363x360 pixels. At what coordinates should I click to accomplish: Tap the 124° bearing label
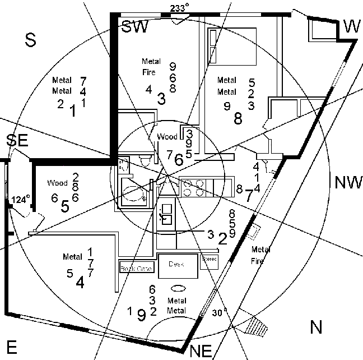click(21, 199)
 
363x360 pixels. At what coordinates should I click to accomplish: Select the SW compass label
click(135, 27)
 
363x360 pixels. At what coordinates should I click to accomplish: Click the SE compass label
click(17, 141)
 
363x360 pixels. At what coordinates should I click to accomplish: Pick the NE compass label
click(202, 352)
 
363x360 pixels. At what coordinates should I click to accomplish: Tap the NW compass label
click(348, 182)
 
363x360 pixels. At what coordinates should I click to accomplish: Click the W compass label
click(351, 25)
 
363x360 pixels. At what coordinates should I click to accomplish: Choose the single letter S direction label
click(31, 39)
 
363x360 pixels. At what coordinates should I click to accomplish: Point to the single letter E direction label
click(14, 345)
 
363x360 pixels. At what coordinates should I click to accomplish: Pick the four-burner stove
click(193, 187)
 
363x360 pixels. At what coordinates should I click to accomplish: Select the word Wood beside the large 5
click(57, 183)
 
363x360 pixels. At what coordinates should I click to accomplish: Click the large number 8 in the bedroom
click(238, 118)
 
